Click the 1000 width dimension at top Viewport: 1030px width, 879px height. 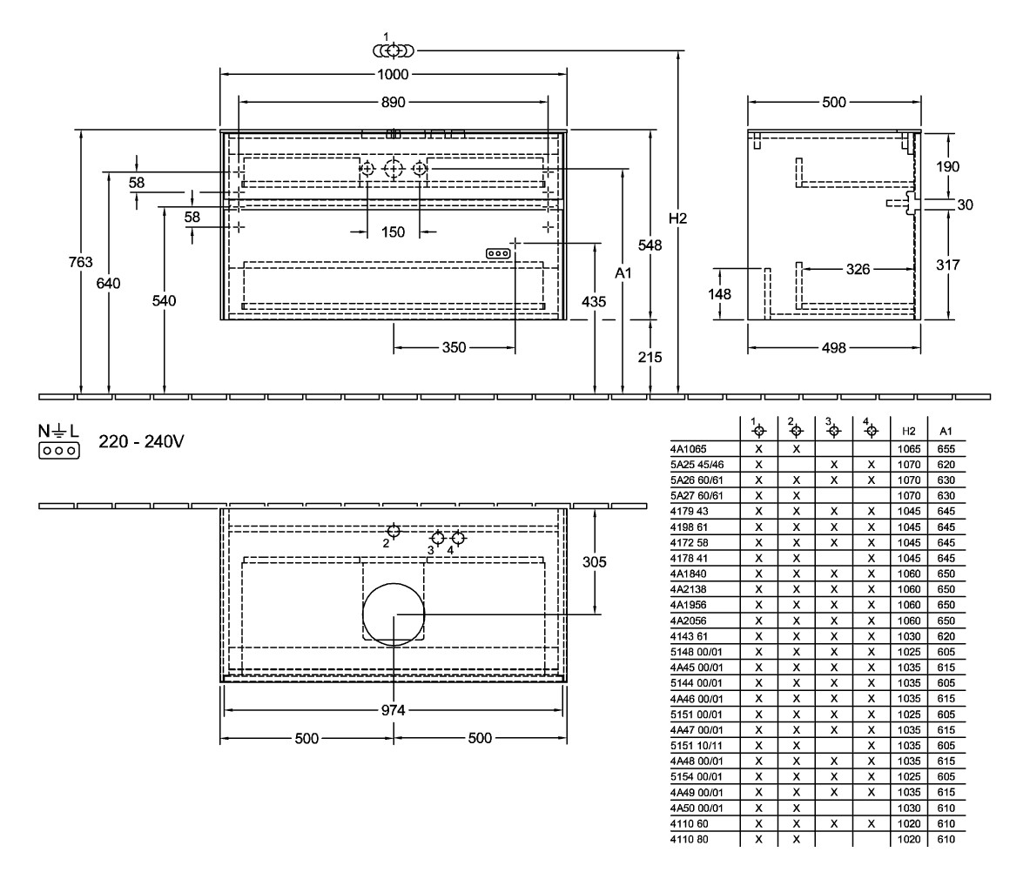(393, 75)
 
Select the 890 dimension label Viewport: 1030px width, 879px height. (393, 102)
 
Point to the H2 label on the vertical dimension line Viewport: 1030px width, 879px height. (678, 218)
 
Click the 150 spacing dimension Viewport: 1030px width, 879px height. (393, 232)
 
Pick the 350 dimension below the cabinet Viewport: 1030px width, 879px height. (453, 347)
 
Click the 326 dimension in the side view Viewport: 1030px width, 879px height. (858, 270)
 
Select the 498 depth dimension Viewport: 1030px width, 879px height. (833, 347)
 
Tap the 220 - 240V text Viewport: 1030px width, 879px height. (141, 441)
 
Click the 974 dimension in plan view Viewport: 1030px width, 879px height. (394, 710)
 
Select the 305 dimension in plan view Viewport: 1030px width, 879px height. (595, 562)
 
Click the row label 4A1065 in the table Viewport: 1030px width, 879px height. (690, 449)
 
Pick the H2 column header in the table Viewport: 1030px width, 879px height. (908, 431)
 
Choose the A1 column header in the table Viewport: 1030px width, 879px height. (946, 431)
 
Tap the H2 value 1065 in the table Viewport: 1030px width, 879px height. (908, 449)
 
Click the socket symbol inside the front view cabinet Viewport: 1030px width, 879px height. (497, 252)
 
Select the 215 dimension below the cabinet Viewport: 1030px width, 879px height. (650, 357)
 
